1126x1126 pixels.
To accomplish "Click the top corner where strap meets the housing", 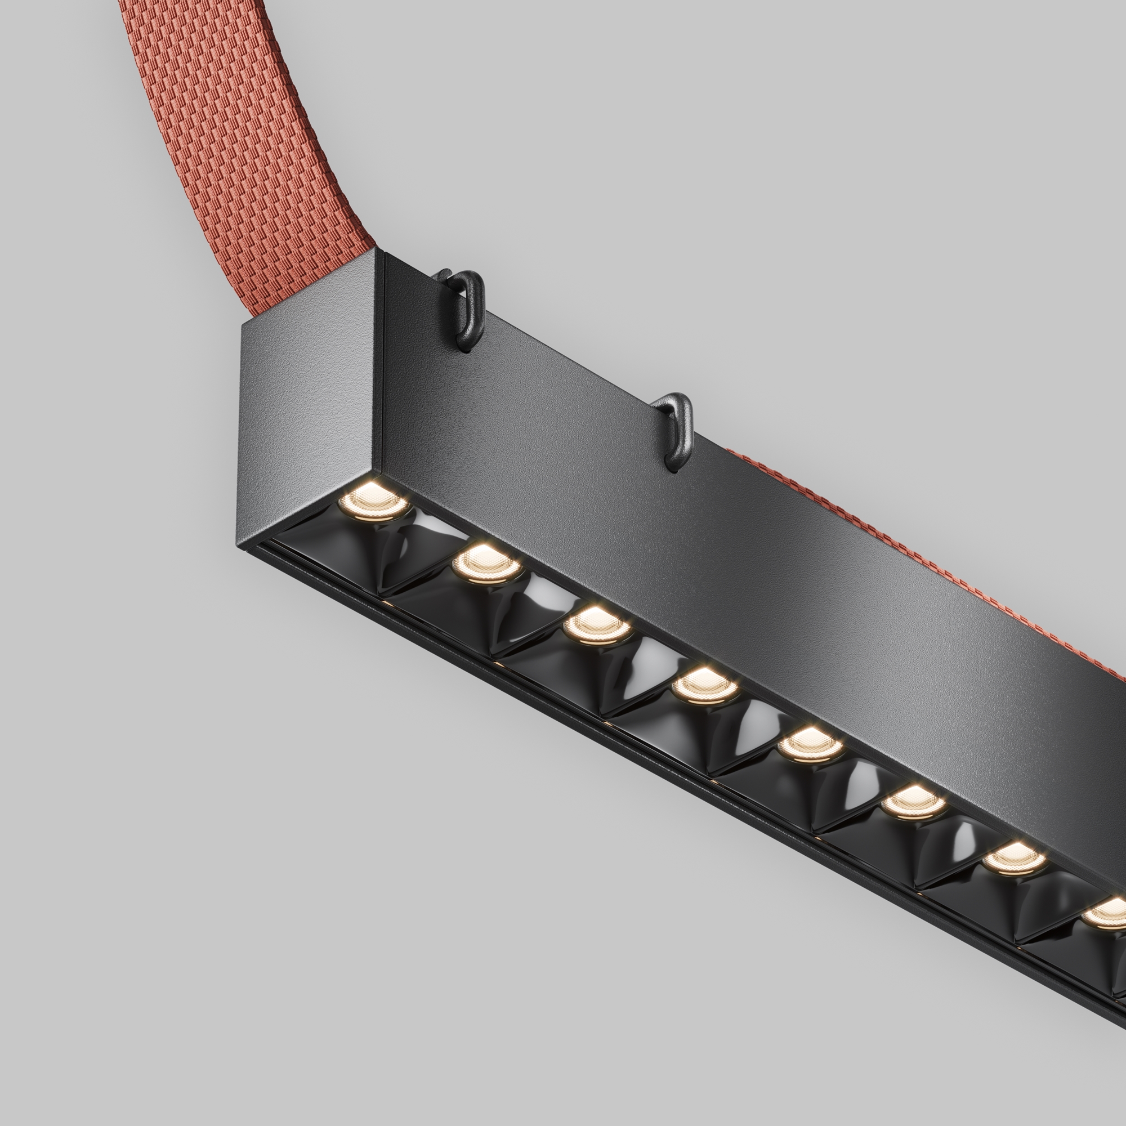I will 376,251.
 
